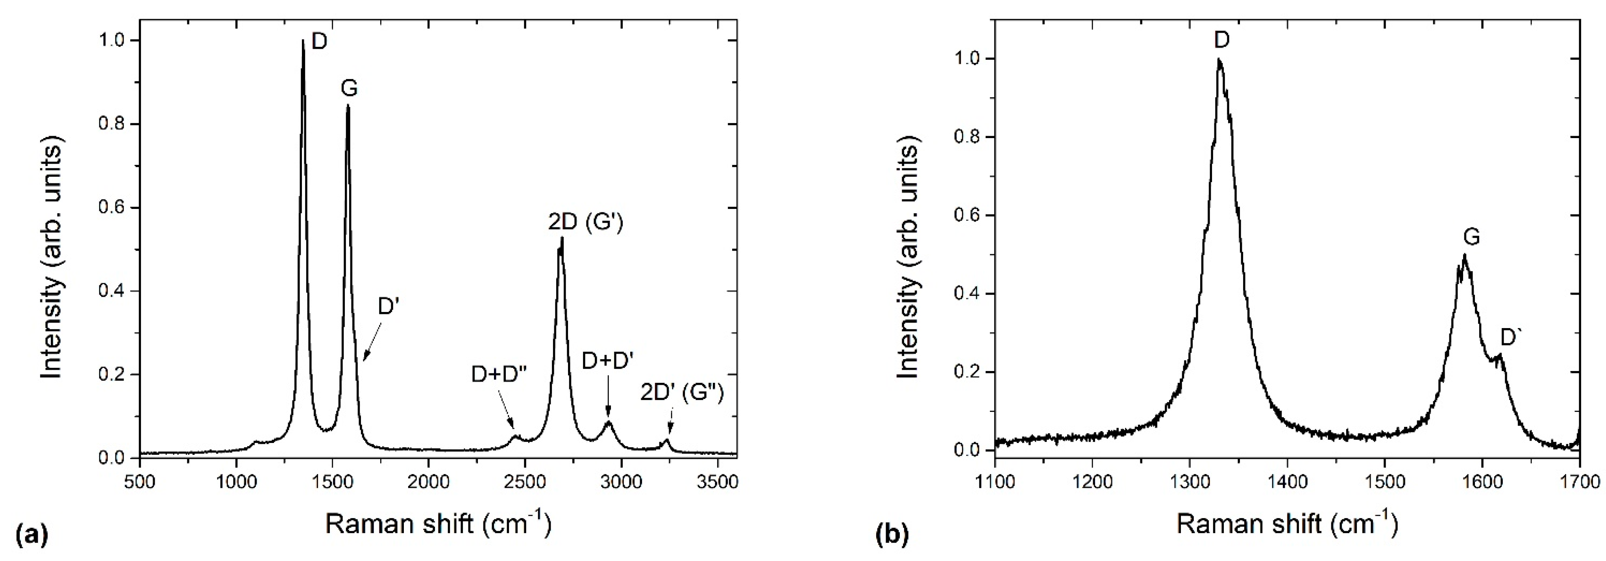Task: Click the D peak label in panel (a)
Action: (319, 42)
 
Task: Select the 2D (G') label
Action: (585, 223)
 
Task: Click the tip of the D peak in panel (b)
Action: (1218, 77)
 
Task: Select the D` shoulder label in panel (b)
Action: (1511, 338)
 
